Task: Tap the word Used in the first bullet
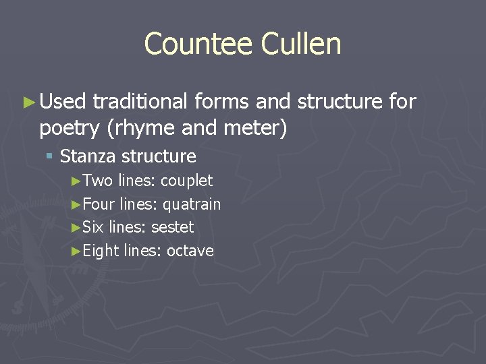pyautogui.click(x=63, y=102)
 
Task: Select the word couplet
pyautogui.click(x=186, y=181)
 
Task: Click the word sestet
pyautogui.click(x=172, y=227)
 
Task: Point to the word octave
pyautogui.click(x=190, y=251)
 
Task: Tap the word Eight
pyautogui.click(x=101, y=251)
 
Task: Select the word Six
pyautogui.click(x=93, y=227)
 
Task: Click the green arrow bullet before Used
pyautogui.click(x=28, y=102)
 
